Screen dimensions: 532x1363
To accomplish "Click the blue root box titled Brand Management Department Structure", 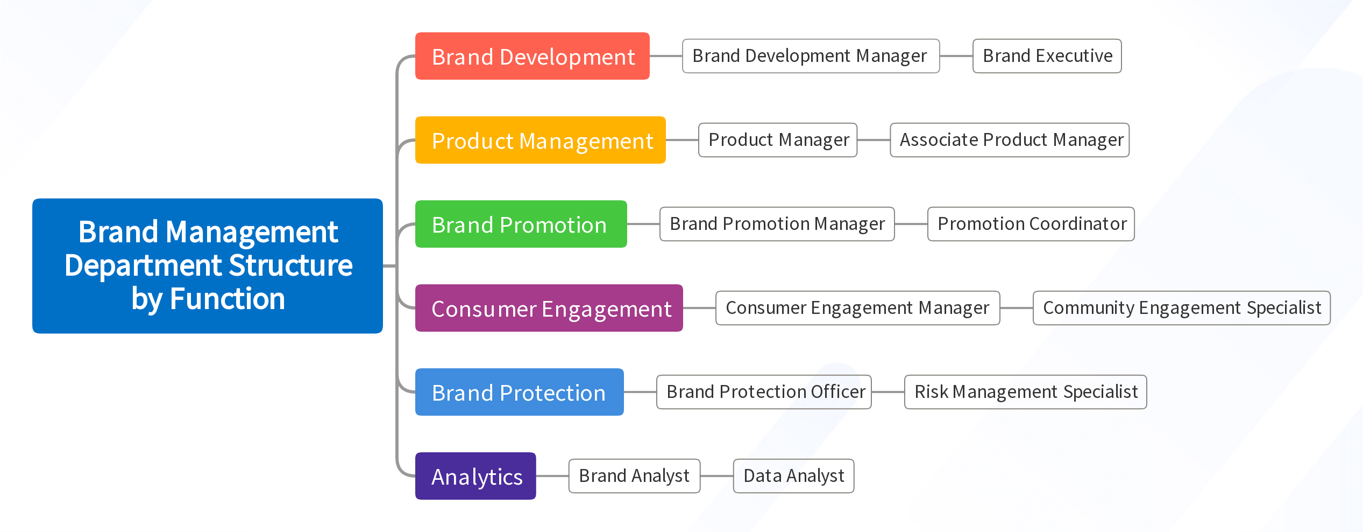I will click(208, 265).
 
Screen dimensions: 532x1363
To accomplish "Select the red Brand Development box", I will click(532, 56).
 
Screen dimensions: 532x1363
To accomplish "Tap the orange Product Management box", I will click(540, 140).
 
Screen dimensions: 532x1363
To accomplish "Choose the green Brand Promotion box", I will click(521, 224).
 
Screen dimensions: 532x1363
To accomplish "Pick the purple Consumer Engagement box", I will click(549, 308).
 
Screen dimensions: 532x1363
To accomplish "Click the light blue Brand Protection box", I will click(519, 392).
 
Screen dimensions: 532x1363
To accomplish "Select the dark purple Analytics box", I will click(475, 476).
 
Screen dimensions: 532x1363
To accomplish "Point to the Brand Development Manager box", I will click(811, 56).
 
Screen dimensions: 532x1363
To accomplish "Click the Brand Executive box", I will click(1047, 56).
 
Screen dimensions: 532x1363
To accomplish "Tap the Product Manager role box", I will click(777, 140).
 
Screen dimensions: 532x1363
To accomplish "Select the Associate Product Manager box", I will click(1010, 140).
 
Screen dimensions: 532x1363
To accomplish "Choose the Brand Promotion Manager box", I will click(777, 224).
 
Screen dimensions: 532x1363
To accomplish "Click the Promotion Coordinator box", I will click(1031, 224).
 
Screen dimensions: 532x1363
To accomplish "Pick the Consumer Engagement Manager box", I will click(857, 308).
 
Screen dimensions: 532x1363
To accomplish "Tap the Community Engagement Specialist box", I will click(1181, 308).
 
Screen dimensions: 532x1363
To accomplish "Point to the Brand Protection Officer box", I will click(764, 392).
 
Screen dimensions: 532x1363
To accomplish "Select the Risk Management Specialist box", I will click(1025, 392).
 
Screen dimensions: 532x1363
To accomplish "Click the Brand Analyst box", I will click(634, 476).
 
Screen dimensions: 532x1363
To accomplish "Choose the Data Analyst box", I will click(793, 476).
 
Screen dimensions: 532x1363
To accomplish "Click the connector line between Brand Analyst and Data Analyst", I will click(716, 476).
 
